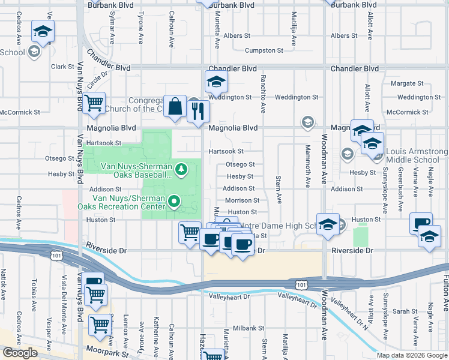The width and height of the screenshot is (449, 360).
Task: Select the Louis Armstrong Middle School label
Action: point(416,156)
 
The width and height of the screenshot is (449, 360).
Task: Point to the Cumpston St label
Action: point(264,51)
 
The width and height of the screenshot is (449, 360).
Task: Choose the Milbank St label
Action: point(249,328)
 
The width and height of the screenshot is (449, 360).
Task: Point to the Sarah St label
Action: point(405,311)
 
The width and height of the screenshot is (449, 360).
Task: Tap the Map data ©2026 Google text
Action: point(411,355)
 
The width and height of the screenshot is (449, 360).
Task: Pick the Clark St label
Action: point(62,67)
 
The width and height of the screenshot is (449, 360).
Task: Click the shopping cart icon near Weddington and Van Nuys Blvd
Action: point(94,103)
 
